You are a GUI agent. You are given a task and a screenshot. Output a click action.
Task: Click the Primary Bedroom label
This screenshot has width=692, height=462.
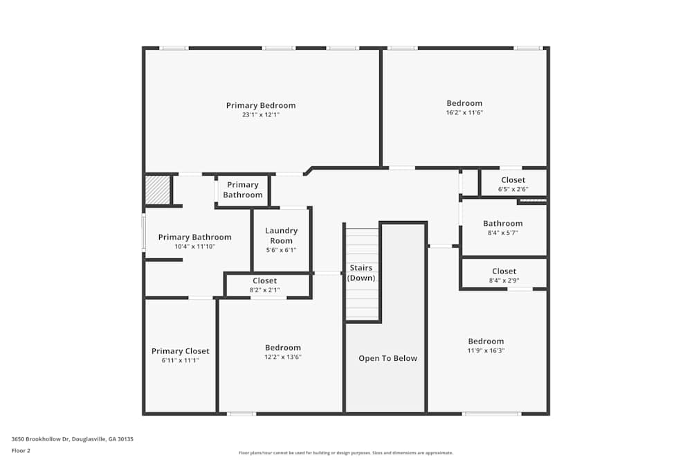[x=261, y=105]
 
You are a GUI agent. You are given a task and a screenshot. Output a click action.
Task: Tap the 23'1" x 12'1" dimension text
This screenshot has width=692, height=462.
[x=261, y=115]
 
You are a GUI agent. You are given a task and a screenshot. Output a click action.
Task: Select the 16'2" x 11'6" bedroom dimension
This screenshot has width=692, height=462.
[x=464, y=112]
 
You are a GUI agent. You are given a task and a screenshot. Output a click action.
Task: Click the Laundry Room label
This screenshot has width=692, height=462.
[x=281, y=236]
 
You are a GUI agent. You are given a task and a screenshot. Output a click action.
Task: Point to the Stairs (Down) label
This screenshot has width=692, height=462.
[x=361, y=273]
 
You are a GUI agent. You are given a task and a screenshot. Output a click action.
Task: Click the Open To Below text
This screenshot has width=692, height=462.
[x=388, y=358]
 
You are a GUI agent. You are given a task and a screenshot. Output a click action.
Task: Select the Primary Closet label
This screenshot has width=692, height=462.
[x=180, y=351]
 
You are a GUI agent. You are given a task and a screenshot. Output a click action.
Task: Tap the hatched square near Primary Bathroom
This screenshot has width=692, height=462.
[x=157, y=190]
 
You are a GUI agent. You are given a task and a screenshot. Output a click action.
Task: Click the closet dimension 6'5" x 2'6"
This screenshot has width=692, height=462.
[x=513, y=189]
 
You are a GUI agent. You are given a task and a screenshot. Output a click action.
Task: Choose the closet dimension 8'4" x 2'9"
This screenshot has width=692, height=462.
[x=504, y=281]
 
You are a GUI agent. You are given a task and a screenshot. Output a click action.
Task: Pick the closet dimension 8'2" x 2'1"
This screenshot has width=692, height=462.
[x=264, y=290]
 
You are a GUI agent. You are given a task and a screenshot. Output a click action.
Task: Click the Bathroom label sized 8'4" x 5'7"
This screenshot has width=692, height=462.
[x=503, y=224]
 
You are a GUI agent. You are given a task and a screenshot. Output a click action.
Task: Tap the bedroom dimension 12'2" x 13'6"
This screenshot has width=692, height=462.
[x=283, y=357]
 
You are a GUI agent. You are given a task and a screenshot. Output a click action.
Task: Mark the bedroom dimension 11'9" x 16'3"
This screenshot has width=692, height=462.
[x=486, y=350]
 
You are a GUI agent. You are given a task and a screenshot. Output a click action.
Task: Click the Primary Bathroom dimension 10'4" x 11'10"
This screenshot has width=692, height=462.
[x=194, y=247]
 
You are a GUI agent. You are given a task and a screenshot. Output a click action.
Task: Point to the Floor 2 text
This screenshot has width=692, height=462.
[x=21, y=450]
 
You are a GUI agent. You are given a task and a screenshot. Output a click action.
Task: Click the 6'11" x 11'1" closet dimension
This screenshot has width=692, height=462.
[x=180, y=360]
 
